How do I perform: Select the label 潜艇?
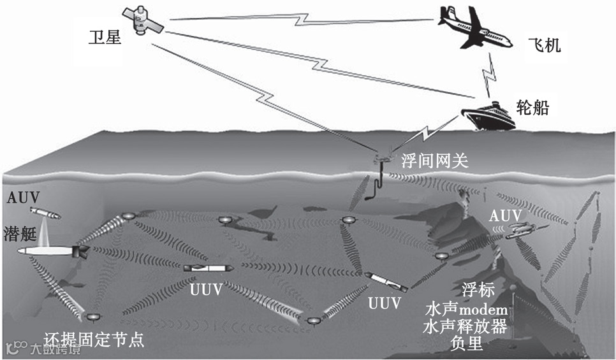(20, 231)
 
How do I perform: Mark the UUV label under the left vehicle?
(206, 290)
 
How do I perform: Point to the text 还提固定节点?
(94, 339)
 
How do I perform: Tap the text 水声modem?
(465, 310)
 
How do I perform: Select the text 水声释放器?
(465, 327)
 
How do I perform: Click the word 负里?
(465, 344)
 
